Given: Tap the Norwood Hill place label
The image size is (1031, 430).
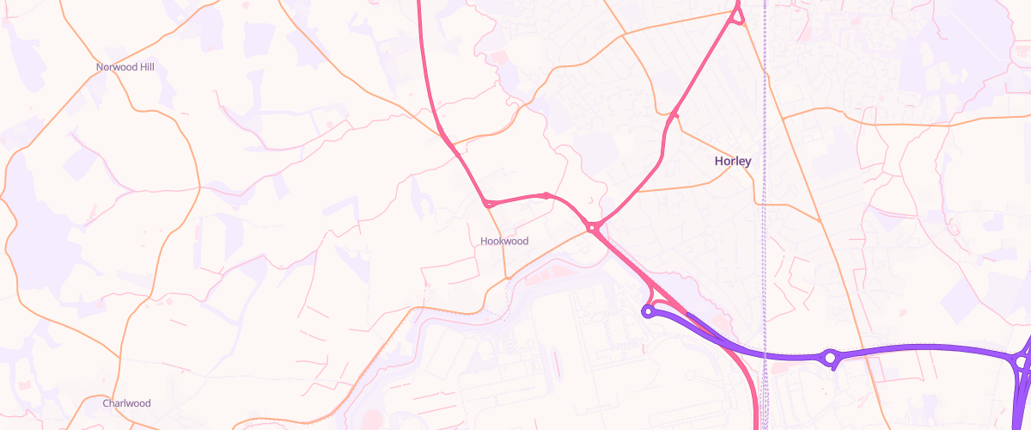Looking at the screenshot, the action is click(x=126, y=66).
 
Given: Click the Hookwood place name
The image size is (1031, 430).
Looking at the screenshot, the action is click(x=504, y=241).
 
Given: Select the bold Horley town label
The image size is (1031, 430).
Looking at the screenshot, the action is click(x=733, y=161).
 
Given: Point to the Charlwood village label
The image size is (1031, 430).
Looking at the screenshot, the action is click(x=126, y=403).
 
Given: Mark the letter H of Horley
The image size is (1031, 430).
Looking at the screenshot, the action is click(x=719, y=161).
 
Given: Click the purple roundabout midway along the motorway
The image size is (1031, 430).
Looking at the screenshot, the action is click(x=830, y=357).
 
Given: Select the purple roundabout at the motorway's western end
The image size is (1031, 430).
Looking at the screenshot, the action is click(x=649, y=311).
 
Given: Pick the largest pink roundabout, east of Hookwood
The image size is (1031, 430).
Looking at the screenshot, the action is click(x=592, y=227).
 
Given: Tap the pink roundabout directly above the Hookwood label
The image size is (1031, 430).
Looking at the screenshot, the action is click(x=488, y=204).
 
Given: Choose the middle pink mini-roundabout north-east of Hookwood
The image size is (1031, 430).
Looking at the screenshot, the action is click(x=546, y=195).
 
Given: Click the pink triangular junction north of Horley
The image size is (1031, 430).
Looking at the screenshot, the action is click(x=737, y=15).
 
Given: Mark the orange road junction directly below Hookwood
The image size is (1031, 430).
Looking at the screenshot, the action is click(x=507, y=279).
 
